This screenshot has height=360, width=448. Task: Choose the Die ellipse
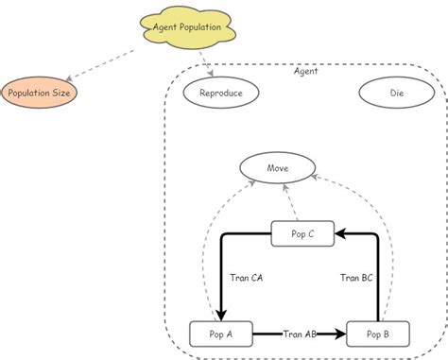(397, 93)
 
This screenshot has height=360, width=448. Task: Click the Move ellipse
(277, 168)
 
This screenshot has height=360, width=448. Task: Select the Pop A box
(221, 334)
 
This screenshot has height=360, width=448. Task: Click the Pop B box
(378, 334)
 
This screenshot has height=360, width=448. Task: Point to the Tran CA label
(247, 278)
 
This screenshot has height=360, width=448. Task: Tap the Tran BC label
(356, 278)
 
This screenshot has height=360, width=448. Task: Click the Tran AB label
(300, 334)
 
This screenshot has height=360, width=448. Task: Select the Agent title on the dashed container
(305, 70)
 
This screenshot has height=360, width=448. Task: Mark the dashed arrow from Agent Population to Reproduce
(202, 61)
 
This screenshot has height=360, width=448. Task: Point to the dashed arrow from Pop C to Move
(290, 202)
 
